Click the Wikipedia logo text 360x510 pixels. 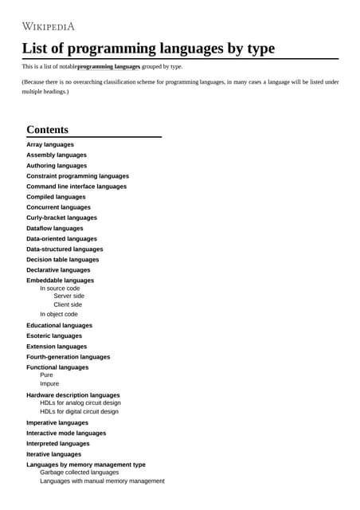click(x=49, y=26)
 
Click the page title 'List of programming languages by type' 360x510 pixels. click(x=148, y=48)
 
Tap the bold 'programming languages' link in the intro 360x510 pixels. click(x=109, y=67)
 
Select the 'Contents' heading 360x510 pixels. click(x=47, y=129)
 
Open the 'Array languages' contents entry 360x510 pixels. click(x=50, y=144)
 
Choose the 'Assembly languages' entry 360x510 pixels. click(x=57, y=155)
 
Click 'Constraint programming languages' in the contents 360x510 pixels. click(x=77, y=175)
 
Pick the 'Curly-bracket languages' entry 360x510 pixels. click(x=61, y=218)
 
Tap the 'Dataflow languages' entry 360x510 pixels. click(x=54, y=228)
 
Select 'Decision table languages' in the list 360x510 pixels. click(x=63, y=259)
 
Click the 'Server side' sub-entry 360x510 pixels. click(x=68, y=296)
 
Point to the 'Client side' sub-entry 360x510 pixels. click(x=68, y=304)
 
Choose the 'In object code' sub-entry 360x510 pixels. click(x=59, y=314)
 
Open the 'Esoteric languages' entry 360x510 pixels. click(x=54, y=335)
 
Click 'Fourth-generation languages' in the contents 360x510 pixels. click(x=68, y=357)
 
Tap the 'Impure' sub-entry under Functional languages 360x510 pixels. click(x=49, y=383)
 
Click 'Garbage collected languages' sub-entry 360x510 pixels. click(x=79, y=472)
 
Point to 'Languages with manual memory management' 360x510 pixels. click(x=102, y=481)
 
